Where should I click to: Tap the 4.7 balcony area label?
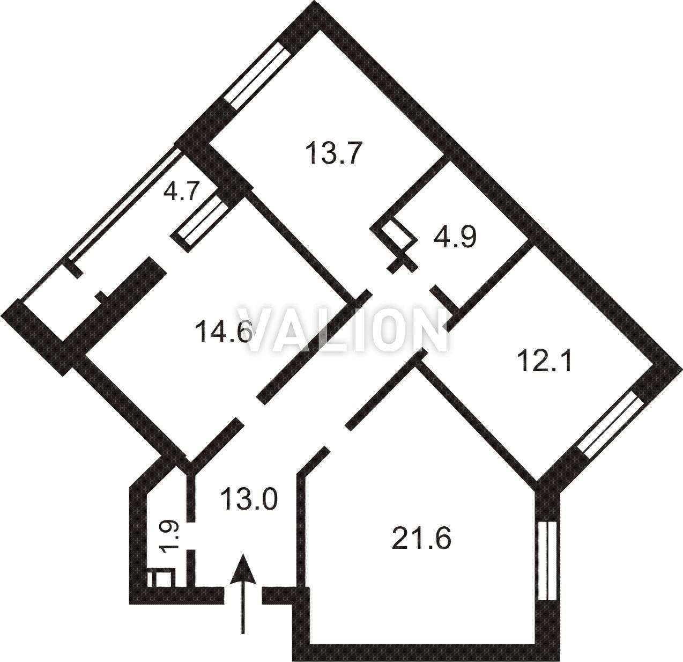click(181, 190)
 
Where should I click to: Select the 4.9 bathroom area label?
click(455, 237)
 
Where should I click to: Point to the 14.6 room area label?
click(224, 332)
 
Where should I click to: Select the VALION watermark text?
click(342, 329)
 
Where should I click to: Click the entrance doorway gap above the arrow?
click(243, 597)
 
